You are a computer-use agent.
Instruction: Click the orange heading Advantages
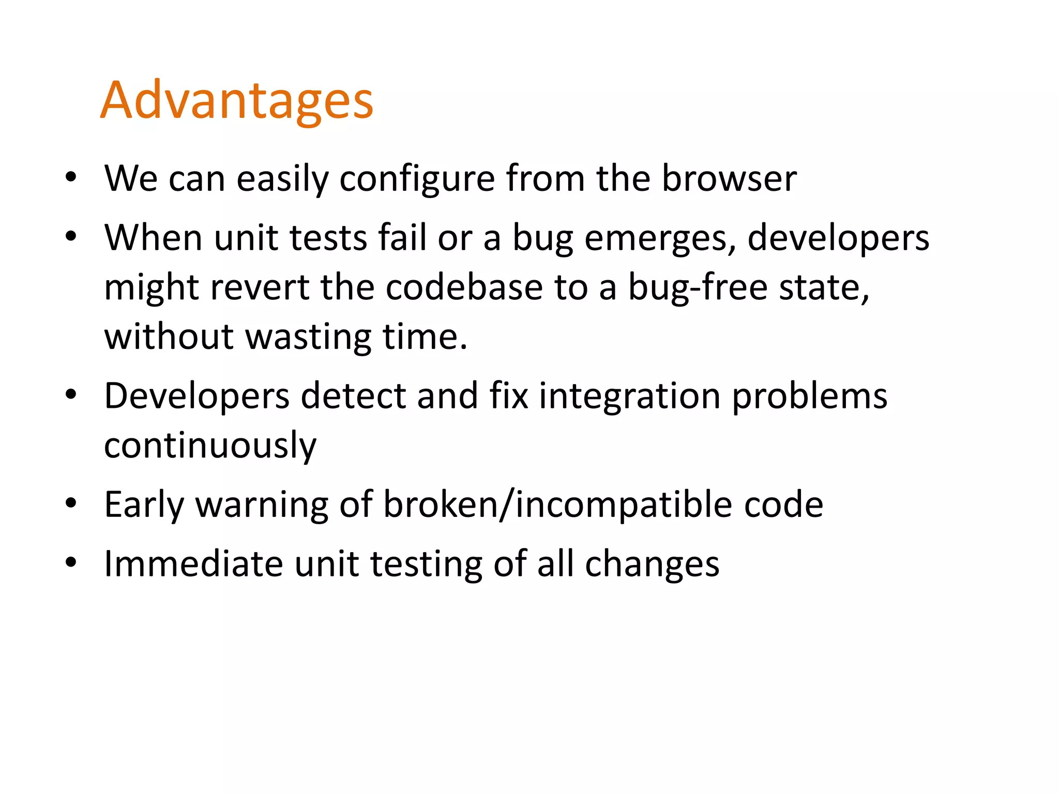click(x=236, y=101)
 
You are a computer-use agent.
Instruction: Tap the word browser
click(x=729, y=178)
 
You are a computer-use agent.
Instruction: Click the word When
click(x=153, y=238)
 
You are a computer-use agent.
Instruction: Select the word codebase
click(x=464, y=287)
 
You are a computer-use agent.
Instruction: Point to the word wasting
click(x=308, y=337)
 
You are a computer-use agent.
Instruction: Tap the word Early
click(x=144, y=505)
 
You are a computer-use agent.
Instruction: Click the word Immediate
click(x=193, y=563)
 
